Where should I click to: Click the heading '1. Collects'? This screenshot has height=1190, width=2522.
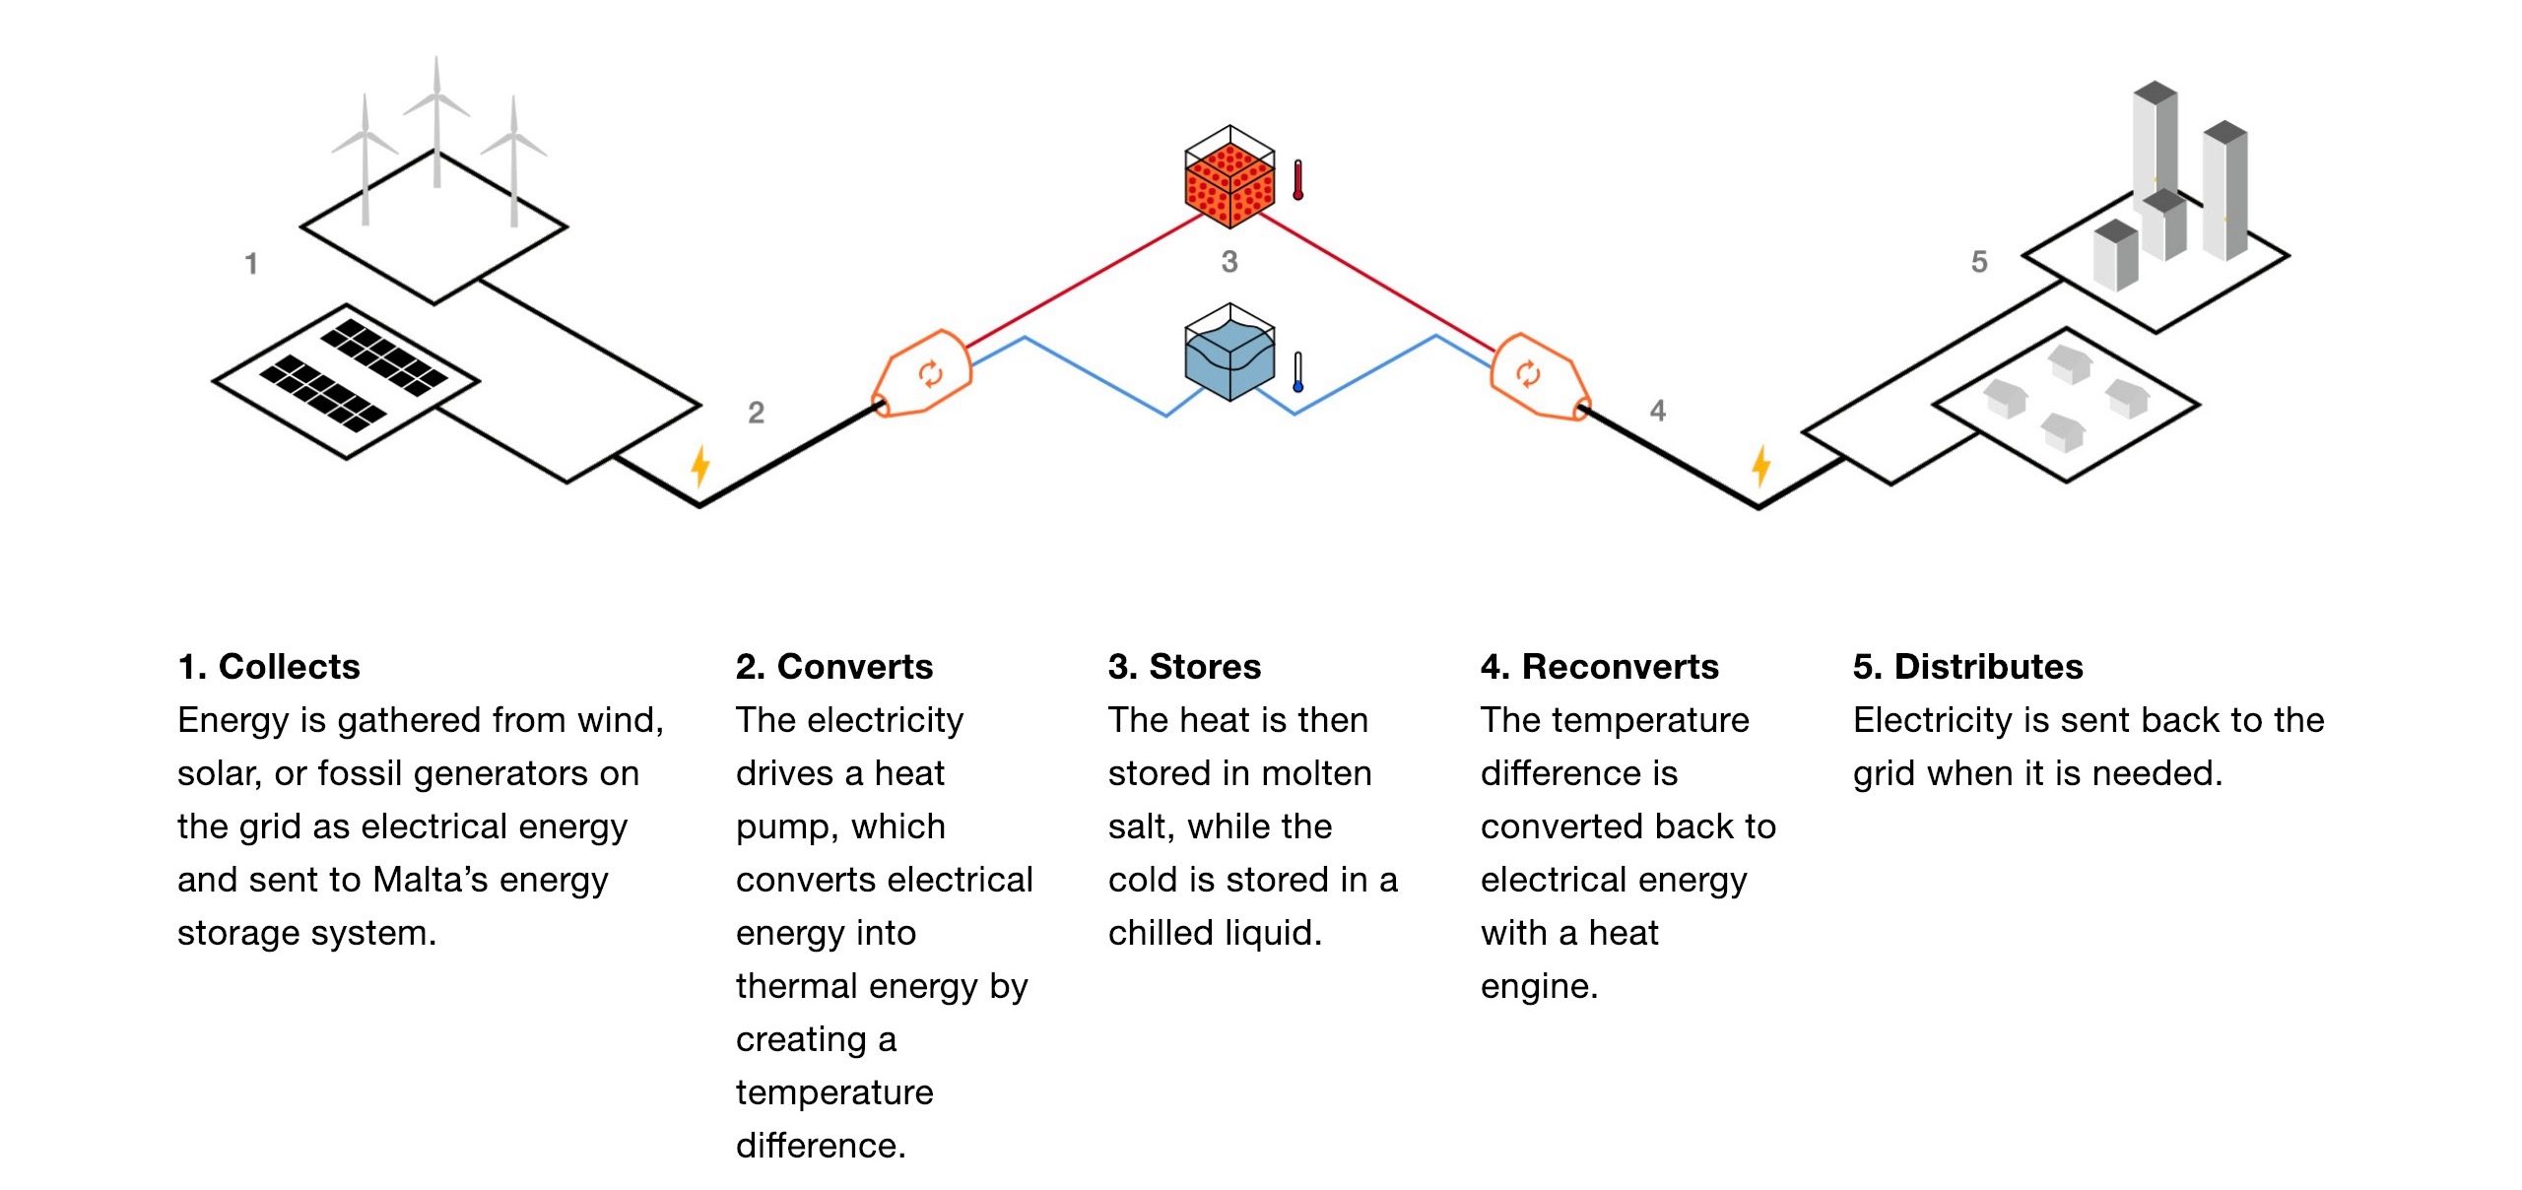pyautogui.click(x=269, y=667)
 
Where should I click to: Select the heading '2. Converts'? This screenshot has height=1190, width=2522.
pyautogui.click(x=833, y=667)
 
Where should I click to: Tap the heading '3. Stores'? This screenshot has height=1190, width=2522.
pyautogui.click(x=1184, y=667)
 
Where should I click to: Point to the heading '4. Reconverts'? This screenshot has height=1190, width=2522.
pyautogui.click(x=1599, y=667)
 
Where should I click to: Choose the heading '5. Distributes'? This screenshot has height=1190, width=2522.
pyautogui.click(x=1967, y=667)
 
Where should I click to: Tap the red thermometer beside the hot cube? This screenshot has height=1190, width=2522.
pyautogui.click(x=1297, y=180)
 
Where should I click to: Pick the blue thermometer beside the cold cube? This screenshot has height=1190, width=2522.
pyautogui.click(x=1297, y=372)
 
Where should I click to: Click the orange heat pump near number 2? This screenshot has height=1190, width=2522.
pyautogui.click(x=924, y=374)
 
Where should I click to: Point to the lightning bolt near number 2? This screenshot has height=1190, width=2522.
pyautogui.click(x=699, y=465)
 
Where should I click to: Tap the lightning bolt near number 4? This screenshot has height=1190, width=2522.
pyautogui.click(x=1760, y=465)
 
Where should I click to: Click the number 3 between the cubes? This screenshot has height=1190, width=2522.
pyautogui.click(x=1229, y=262)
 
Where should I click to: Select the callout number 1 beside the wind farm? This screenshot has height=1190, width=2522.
pyautogui.click(x=251, y=264)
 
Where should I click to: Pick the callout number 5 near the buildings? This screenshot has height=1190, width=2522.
pyautogui.click(x=1979, y=262)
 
